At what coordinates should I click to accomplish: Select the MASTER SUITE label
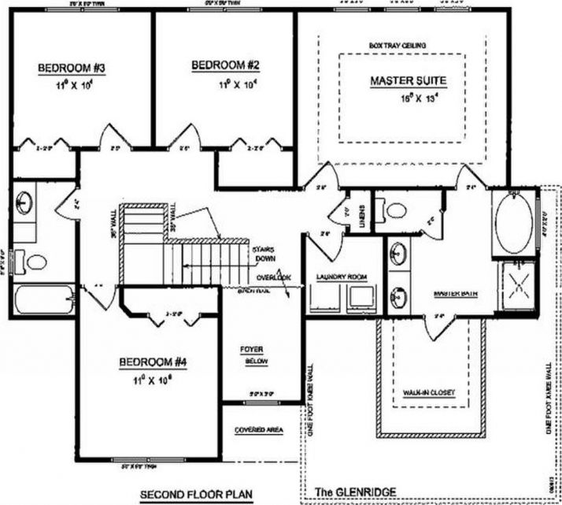[x=408, y=81]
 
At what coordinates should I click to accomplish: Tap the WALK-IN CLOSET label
[x=429, y=392]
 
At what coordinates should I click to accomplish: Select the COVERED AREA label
[x=258, y=430]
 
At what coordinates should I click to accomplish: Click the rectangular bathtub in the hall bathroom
[x=43, y=300]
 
